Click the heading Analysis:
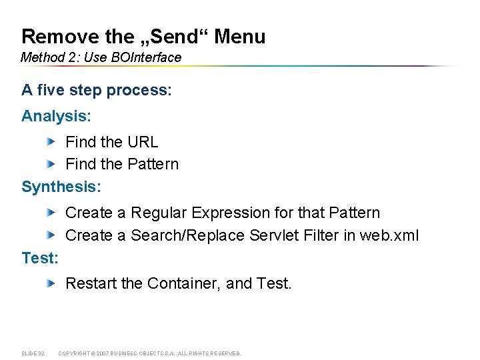point(57,116)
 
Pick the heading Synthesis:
point(61,187)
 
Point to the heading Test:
point(40,258)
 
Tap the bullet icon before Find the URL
point(51,141)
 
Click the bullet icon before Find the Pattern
point(51,163)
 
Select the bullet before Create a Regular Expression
point(51,213)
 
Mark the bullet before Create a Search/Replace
point(51,235)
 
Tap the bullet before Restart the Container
point(51,283)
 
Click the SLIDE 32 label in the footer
point(33,353)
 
